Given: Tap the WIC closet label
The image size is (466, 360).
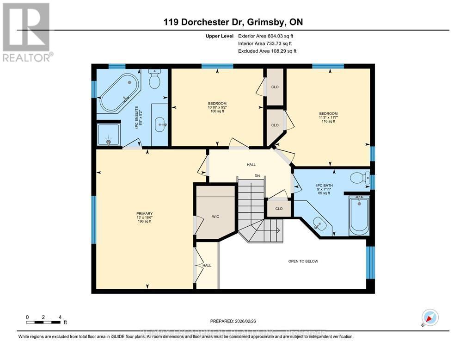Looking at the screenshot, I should pos(215,216).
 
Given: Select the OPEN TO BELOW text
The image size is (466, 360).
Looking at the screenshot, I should pos(303,261).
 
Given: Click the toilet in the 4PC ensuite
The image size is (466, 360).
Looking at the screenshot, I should pos(154,80).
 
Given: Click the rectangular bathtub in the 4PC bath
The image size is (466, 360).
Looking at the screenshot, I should pos(359,215).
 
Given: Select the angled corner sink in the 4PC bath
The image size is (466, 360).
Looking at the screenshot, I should pos(319,224).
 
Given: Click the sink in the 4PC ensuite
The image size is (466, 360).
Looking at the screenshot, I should pos(160,123).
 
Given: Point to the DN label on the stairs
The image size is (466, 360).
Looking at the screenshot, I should pos(258,176).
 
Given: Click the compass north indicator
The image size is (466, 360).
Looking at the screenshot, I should pos(430,318).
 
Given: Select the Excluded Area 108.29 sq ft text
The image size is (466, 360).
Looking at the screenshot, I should pos(267,51).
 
